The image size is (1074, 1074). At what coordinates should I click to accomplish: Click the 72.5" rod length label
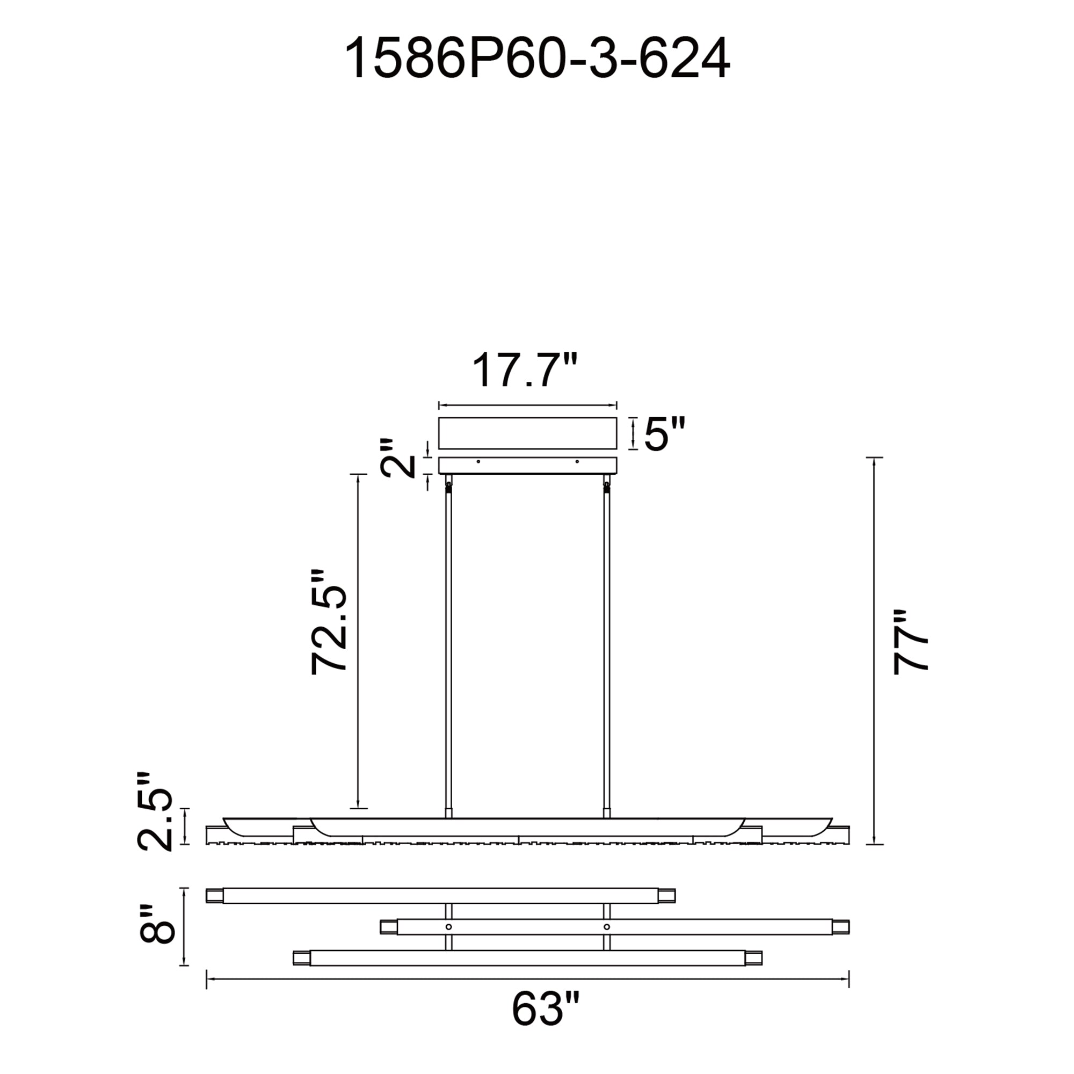[329, 622]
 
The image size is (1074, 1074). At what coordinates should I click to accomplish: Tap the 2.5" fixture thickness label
[155, 811]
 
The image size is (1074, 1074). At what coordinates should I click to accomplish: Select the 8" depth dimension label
[157, 924]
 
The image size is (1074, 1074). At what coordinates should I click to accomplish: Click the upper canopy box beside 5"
[527, 433]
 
